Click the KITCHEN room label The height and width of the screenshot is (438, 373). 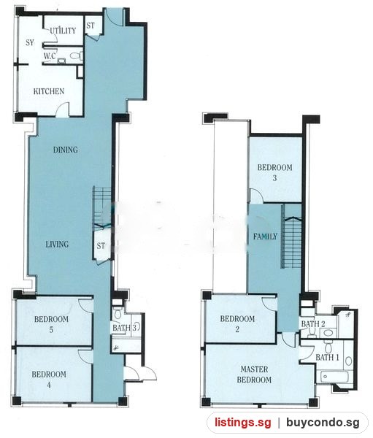(x=49, y=91)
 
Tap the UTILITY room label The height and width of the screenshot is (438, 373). (x=63, y=31)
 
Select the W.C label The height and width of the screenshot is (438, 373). (x=50, y=56)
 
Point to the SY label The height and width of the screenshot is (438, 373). (x=30, y=42)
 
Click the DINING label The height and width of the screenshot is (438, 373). (x=66, y=150)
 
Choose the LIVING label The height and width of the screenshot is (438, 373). (x=57, y=245)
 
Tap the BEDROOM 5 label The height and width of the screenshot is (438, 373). (x=51, y=324)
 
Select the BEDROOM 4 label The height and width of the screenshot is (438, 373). (x=49, y=380)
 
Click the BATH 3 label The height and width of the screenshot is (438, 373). (x=125, y=328)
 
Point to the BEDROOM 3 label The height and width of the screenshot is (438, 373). (x=275, y=172)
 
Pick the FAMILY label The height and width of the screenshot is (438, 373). (x=266, y=237)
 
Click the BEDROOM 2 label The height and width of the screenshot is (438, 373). (x=237, y=323)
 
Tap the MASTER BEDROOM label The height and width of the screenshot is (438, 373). (x=254, y=374)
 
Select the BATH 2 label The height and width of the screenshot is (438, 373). (x=313, y=324)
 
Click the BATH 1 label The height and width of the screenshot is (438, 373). (x=327, y=357)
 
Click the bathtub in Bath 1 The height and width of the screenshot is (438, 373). (x=334, y=377)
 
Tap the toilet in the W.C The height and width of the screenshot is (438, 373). (x=76, y=56)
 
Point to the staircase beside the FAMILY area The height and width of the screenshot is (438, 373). (x=291, y=237)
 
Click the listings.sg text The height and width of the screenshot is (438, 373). (x=243, y=423)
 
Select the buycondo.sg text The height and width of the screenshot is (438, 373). (x=323, y=423)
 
